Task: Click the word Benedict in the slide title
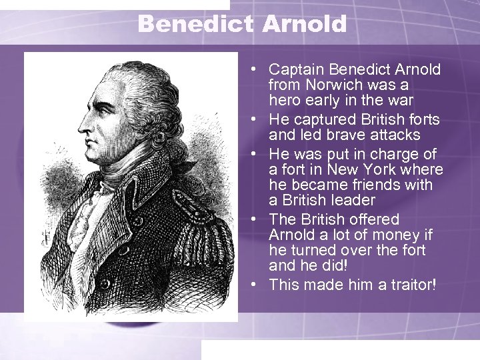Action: [x=196, y=25]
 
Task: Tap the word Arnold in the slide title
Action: [x=305, y=25]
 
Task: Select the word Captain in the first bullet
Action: [x=296, y=69]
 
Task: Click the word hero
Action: [x=285, y=101]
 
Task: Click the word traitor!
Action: [x=407, y=285]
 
